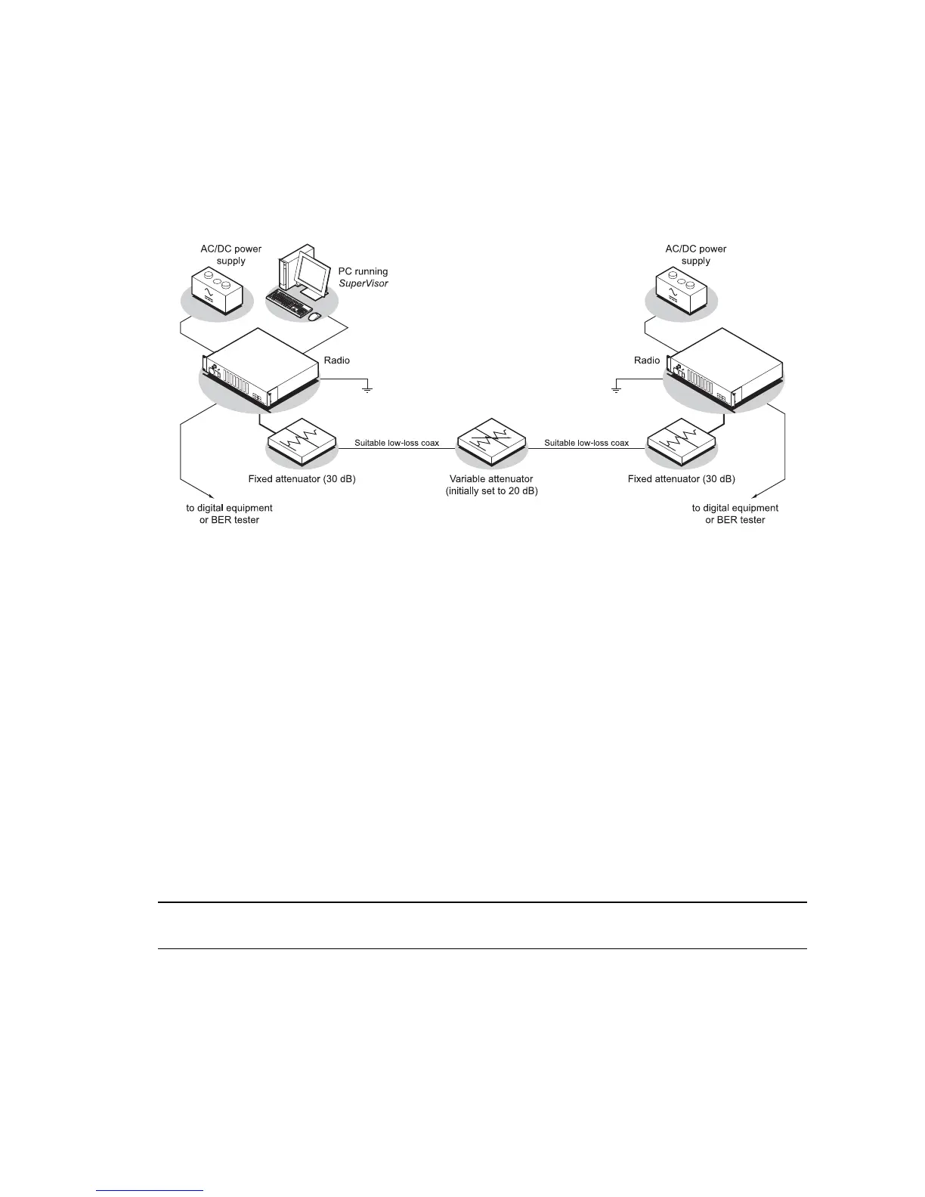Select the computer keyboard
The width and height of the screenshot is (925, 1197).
(x=290, y=303)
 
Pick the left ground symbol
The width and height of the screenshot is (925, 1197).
(x=367, y=389)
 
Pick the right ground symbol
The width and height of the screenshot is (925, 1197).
(x=616, y=389)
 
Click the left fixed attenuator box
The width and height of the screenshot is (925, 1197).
(x=302, y=440)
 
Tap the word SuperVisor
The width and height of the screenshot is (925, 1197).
(x=363, y=283)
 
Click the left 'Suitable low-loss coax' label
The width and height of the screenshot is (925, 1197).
(x=397, y=443)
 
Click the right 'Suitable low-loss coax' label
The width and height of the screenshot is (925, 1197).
(x=586, y=443)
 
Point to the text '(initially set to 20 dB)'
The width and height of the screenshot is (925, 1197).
(x=491, y=491)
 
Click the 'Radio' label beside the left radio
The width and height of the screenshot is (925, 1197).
(x=337, y=360)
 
